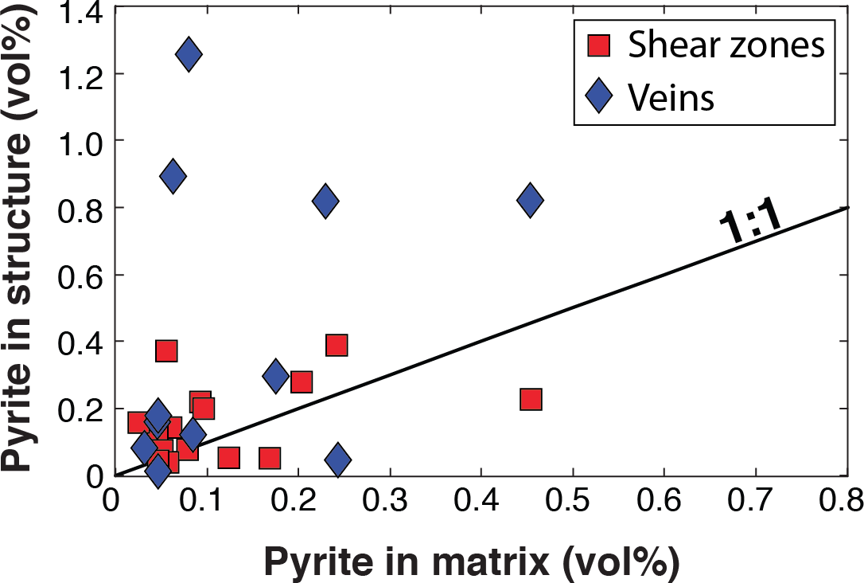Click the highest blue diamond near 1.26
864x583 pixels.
pos(189,54)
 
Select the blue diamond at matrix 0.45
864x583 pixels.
pos(530,201)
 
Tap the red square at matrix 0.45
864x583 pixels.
pos(531,399)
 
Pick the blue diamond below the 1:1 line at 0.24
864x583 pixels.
pos(338,459)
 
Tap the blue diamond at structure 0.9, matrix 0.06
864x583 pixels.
pos(173,176)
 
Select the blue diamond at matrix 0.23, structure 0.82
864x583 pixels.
pos(325,201)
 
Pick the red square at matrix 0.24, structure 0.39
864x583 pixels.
pos(337,345)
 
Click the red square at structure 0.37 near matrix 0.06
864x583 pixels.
pos(166,350)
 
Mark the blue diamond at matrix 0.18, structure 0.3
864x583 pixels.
pos(275,375)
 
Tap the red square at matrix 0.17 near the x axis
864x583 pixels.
pos(270,458)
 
